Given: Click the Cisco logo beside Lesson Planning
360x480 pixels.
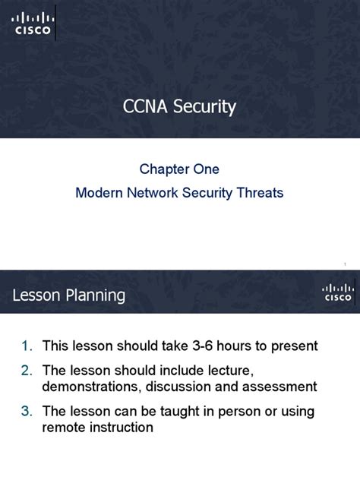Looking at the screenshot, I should click(337, 293).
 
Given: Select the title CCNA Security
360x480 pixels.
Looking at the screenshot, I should click(179, 106).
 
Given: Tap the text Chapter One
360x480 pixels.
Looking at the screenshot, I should click(179, 169).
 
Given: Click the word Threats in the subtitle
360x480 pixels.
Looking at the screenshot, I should click(261, 193).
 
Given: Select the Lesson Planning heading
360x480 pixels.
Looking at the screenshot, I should click(69, 295).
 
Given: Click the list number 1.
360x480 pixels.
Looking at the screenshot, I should click(26, 346).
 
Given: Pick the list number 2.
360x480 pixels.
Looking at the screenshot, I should click(26, 370).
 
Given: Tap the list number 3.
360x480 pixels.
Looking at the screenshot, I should click(26, 411).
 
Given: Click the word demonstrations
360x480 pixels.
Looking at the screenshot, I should click(87, 387).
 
